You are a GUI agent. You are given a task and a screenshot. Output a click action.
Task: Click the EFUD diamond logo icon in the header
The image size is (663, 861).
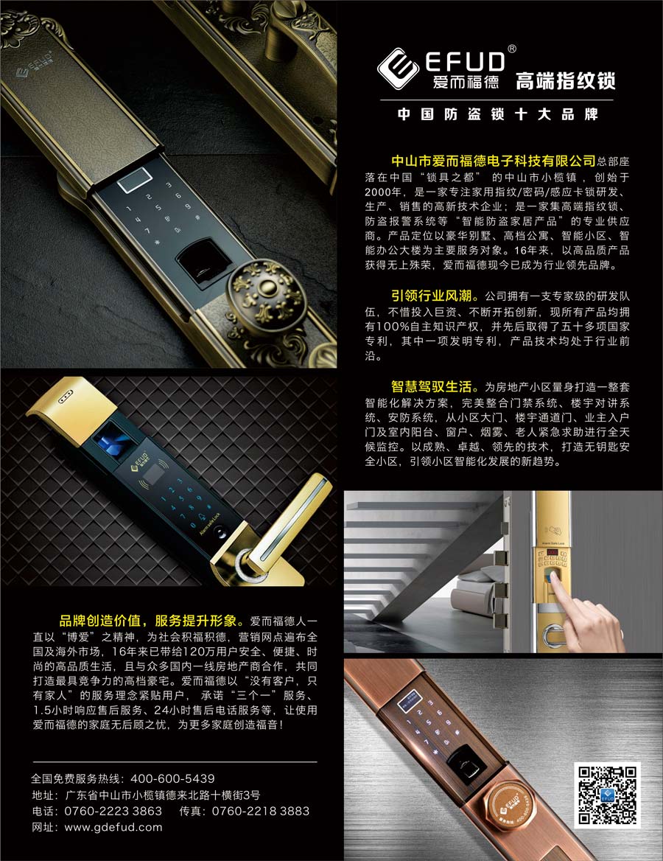pyautogui.click(x=399, y=69)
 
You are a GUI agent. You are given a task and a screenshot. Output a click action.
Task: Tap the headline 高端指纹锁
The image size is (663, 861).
pyautogui.click(x=565, y=81)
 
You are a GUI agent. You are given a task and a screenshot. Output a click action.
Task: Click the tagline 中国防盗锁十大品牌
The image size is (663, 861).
pyautogui.click(x=497, y=114)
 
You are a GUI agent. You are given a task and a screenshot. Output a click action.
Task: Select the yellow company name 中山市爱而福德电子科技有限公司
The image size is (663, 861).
pyautogui.click(x=494, y=161)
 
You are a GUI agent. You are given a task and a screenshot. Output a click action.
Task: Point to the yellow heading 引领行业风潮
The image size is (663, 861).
pyautogui.click(x=432, y=296)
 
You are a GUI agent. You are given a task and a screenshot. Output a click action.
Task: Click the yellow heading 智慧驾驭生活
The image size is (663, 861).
pyautogui.click(x=432, y=386)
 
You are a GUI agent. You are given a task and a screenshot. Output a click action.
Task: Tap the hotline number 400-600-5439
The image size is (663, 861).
pyautogui.click(x=172, y=778)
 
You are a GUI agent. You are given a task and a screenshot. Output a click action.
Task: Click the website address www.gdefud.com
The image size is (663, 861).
pyautogui.click(x=113, y=827)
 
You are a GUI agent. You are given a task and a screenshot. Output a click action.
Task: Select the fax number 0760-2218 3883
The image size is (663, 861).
pyautogui.click(x=261, y=811)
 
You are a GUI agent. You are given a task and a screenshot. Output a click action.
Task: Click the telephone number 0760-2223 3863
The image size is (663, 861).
pyautogui.click(x=113, y=811)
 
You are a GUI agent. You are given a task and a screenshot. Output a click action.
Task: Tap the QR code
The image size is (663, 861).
pyautogui.click(x=607, y=795)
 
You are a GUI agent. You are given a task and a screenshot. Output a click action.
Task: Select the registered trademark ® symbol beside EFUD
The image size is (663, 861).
pyautogui.click(x=512, y=49)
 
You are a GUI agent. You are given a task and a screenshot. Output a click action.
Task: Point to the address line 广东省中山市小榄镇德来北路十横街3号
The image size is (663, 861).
pyautogui.click(x=163, y=795)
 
